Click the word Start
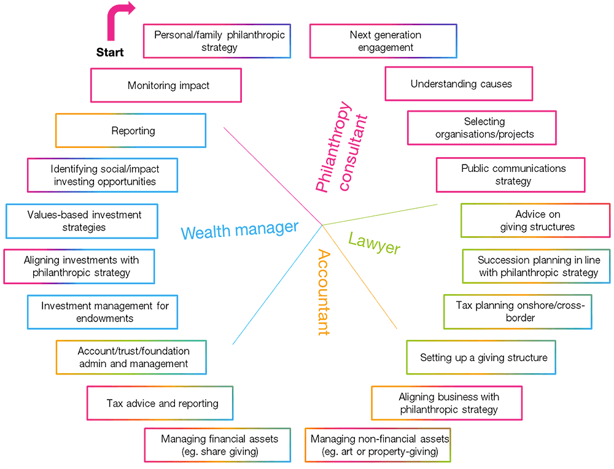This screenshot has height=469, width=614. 110,53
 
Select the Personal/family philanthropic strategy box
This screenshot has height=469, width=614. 217,41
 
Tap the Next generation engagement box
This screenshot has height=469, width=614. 383,41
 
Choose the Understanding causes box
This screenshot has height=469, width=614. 459,84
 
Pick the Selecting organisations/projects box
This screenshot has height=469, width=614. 482,128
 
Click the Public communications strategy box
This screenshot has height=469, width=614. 511,175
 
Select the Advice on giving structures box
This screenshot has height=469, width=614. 535,220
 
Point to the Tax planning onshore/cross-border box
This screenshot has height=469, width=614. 518,311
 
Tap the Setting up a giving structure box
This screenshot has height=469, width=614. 481,357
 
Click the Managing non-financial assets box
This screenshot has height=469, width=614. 378,445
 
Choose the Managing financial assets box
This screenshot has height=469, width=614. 217,445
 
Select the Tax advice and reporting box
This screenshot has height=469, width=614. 160,403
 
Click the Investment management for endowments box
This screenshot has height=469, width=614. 103,312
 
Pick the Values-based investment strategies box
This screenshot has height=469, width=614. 82,221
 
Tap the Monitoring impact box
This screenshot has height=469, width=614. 166,85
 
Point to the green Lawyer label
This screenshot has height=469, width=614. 374,243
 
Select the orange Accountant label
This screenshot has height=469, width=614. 324,292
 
